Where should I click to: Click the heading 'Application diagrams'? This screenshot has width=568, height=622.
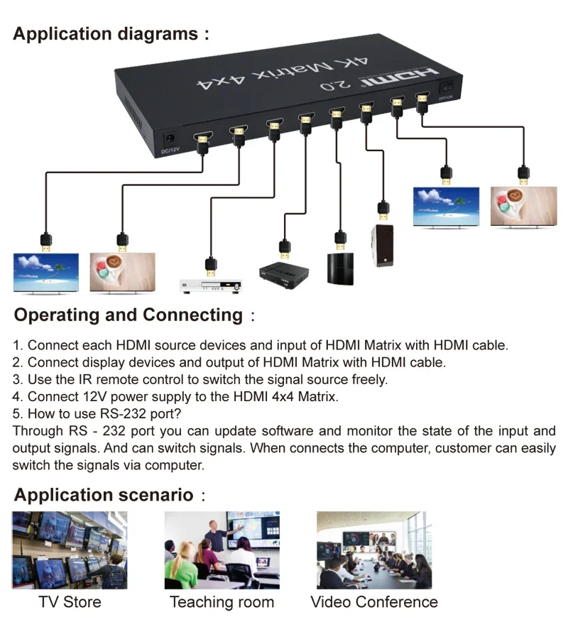(106, 33)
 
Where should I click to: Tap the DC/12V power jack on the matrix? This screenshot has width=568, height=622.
(171, 138)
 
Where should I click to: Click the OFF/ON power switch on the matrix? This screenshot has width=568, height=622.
(445, 88)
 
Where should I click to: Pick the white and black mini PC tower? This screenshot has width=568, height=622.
(383, 245)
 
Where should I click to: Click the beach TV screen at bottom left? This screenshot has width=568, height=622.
(46, 273)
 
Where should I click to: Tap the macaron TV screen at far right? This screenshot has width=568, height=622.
(523, 206)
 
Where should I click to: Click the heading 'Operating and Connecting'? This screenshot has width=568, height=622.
(129, 315)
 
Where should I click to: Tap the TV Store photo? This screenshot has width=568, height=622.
(70, 550)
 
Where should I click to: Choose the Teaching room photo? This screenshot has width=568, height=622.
(222, 550)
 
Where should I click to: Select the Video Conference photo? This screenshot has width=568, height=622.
(373, 550)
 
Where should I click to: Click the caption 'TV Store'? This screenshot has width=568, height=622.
(70, 602)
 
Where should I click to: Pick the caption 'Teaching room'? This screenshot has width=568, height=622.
(222, 602)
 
